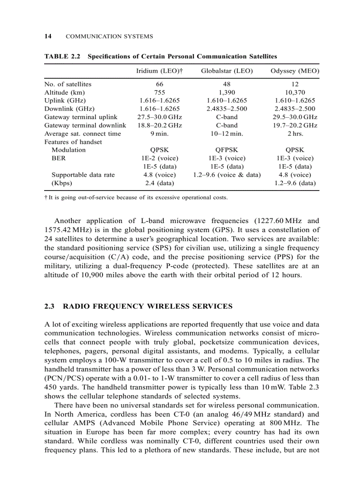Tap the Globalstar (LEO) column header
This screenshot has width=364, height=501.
pos(227,71)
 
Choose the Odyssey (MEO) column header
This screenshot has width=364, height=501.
pos(294,71)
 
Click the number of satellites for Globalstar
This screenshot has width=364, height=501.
pos(227,84)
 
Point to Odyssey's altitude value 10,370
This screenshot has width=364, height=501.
pos(294,92)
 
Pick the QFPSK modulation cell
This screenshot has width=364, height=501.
pos(227,150)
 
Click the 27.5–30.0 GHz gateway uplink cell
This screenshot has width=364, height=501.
pos(160,117)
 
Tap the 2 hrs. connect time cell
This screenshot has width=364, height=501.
pos(294,134)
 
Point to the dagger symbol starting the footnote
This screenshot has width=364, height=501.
pos(46,197)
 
